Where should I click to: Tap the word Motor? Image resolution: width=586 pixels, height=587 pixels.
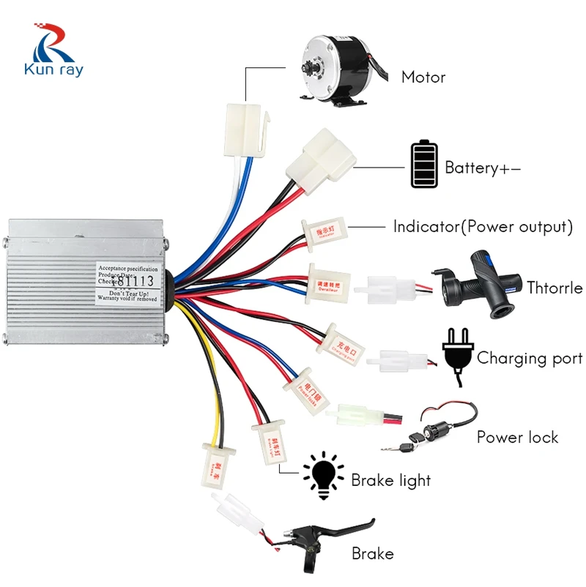(423, 77)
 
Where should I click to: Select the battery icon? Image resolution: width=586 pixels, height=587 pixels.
(422, 165)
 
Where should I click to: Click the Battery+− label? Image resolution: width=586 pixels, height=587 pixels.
(483, 168)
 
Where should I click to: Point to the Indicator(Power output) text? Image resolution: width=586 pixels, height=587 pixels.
(482, 227)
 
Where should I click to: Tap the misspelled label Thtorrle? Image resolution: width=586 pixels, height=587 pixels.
(555, 288)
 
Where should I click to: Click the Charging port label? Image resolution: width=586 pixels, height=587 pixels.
(530, 359)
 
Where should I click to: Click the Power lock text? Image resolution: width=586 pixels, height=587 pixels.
(517, 438)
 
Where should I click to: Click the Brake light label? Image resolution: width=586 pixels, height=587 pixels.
(391, 481)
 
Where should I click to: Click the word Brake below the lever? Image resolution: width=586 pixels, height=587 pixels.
(372, 554)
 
